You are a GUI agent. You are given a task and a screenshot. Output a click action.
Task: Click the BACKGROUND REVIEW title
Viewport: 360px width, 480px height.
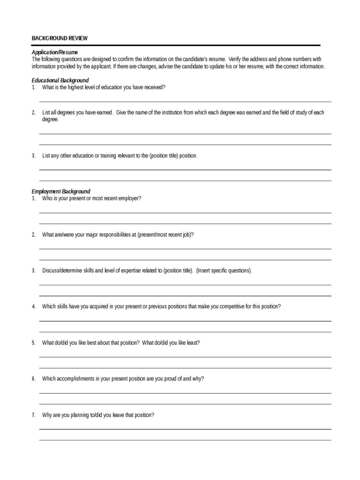point(59,38)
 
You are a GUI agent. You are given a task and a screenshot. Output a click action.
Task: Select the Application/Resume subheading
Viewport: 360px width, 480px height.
point(55,52)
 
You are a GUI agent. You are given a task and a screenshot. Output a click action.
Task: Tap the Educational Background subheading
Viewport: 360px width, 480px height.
point(60,81)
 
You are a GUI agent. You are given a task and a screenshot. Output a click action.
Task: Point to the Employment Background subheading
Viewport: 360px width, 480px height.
point(61,192)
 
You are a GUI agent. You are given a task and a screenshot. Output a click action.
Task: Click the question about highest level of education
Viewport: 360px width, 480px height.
point(104,88)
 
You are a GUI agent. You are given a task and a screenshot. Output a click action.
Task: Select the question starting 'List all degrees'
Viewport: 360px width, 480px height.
point(183,113)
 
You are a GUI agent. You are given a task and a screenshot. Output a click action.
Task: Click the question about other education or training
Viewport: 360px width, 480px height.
point(120,156)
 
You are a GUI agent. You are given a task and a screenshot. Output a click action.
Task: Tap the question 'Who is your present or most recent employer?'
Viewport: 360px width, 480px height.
point(91,198)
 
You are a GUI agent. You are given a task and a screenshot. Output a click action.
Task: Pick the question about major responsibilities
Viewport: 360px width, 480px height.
point(118,234)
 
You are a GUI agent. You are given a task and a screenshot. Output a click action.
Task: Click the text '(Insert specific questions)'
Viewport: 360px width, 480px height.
point(224,271)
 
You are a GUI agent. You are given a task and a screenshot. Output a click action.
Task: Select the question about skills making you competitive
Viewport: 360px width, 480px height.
point(161,307)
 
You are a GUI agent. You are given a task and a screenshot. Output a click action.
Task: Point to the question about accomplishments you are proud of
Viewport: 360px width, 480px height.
point(123,379)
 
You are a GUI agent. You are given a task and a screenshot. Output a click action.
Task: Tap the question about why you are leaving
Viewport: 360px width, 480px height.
point(98,415)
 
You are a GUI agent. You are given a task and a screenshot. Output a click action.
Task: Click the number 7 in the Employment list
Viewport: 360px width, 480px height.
point(33,415)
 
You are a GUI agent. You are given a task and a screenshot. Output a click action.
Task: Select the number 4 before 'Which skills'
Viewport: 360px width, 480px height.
point(33,307)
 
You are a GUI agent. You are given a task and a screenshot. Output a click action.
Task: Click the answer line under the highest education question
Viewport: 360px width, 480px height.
point(185,101)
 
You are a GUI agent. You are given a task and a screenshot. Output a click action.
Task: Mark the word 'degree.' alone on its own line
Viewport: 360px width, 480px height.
point(51,120)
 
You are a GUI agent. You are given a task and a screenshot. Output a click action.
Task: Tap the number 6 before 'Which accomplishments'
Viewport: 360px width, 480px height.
point(33,379)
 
